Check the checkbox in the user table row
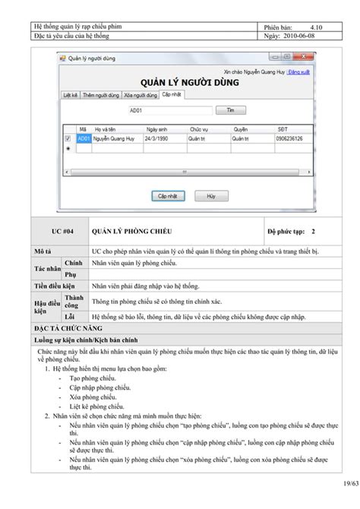pyautogui.click(x=68, y=139)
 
